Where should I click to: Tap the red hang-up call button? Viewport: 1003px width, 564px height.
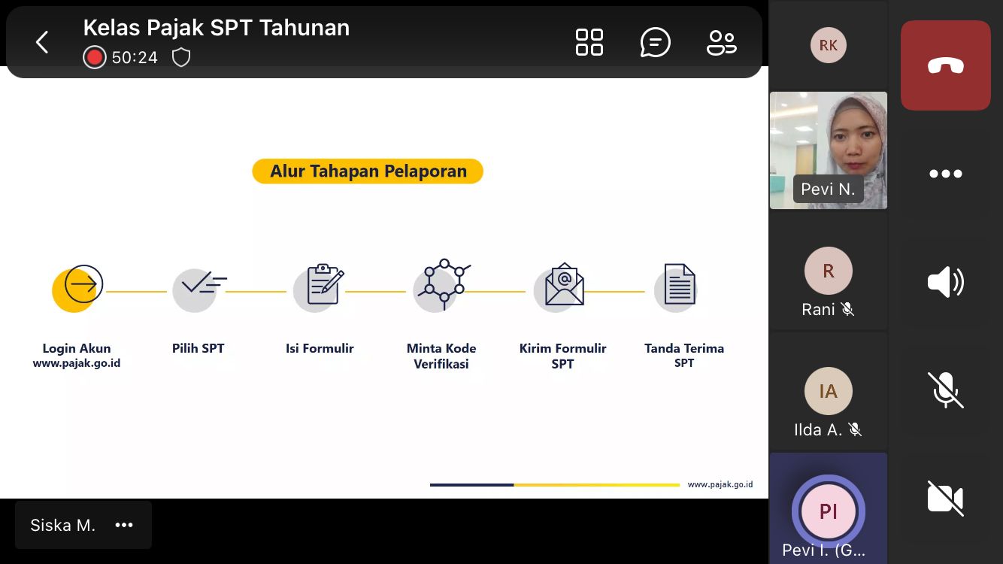tap(945, 65)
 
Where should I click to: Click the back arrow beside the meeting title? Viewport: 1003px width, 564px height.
tap(42, 42)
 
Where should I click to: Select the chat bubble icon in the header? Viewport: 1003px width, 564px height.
tap(655, 42)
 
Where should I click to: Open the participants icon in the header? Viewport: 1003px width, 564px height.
tap(721, 43)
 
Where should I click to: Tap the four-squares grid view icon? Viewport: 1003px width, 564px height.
tap(589, 42)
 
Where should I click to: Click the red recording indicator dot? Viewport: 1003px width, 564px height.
tap(94, 57)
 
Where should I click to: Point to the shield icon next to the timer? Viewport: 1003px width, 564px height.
tap(181, 57)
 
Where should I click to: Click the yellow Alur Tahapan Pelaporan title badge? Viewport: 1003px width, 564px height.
tap(368, 171)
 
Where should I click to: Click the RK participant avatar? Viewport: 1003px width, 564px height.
tap(828, 45)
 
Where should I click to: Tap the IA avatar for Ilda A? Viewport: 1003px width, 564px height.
tap(828, 391)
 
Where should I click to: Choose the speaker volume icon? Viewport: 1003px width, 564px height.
tap(945, 282)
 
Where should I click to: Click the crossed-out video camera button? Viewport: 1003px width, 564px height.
tap(945, 499)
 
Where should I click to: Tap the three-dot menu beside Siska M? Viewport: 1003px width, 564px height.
tap(124, 525)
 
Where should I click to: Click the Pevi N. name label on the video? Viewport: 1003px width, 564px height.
tap(828, 189)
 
